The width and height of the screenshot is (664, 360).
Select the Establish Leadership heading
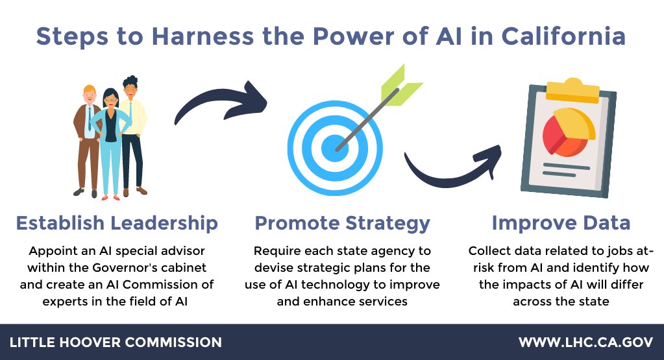click(117, 223)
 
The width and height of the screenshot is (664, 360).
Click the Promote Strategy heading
click(342, 223)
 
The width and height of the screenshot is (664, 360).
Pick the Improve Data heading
click(561, 223)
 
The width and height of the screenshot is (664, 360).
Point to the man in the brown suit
click(88, 136)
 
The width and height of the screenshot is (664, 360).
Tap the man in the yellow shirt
click(133, 130)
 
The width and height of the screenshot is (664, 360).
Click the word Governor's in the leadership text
click(156, 267)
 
